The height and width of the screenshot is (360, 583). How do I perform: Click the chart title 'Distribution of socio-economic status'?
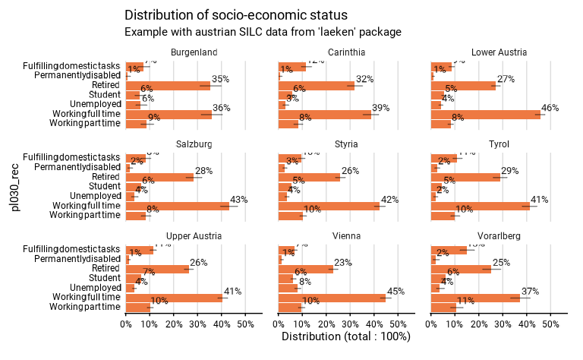(236, 15)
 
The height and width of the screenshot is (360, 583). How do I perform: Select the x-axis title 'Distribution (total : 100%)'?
(346, 336)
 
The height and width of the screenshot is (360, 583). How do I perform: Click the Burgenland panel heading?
(194, 52)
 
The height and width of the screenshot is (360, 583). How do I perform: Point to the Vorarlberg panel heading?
(499, 235)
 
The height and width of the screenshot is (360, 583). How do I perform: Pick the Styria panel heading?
(346, 144)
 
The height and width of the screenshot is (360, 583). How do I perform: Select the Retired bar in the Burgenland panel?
(168, 86)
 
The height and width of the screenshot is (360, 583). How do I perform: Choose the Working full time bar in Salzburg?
(177, 206)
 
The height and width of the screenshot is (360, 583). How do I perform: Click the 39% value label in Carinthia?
(380, 109)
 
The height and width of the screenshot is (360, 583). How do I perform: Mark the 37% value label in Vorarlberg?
(529, 292)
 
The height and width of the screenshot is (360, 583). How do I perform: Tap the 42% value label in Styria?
(389, 200)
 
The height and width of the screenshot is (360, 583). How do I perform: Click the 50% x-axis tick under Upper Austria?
(245, 324)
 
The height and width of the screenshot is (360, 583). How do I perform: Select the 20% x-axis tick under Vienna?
(327, 324)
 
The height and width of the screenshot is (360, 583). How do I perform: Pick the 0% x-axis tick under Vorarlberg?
(431, 324)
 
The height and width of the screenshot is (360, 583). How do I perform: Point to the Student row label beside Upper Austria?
(104, 278)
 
